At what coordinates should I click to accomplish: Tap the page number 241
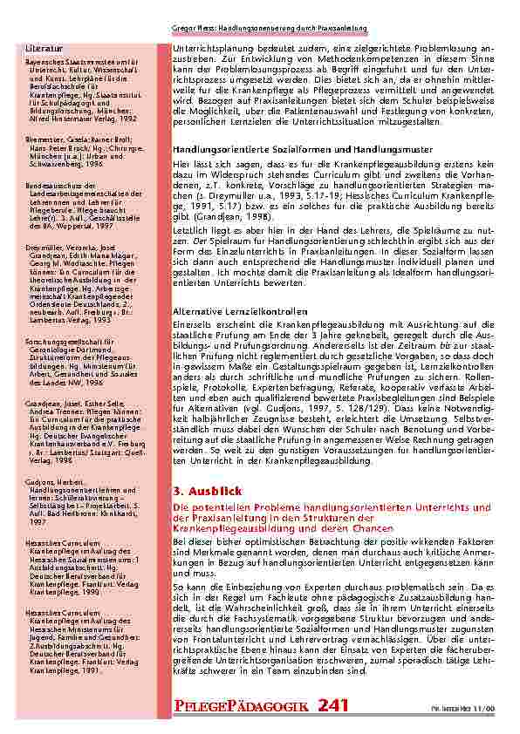[x=336, y=704]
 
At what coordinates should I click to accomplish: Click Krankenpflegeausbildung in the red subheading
[x=226, y=528]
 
